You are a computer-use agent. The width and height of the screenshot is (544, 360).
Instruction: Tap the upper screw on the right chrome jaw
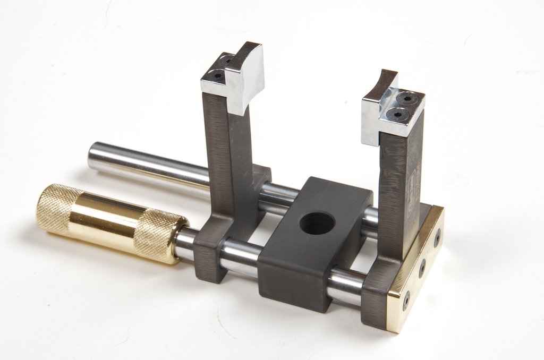pos(407,99)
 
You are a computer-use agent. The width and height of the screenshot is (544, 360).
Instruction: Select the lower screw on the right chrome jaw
pos(397,113)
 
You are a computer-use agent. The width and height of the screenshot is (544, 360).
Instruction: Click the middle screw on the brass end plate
pos(422,268)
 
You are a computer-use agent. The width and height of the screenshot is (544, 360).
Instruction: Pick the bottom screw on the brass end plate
pos(406,300)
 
